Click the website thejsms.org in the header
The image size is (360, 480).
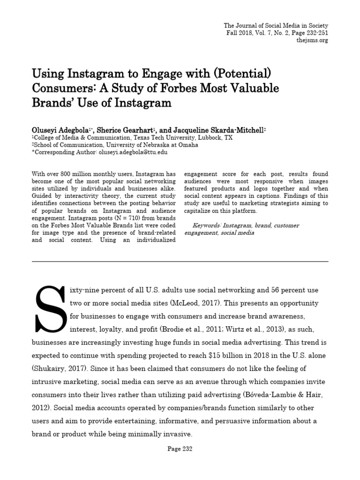[x=312, y=40]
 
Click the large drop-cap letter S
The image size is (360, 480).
[x=51, y=308]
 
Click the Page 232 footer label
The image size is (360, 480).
[x=180, y=449]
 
